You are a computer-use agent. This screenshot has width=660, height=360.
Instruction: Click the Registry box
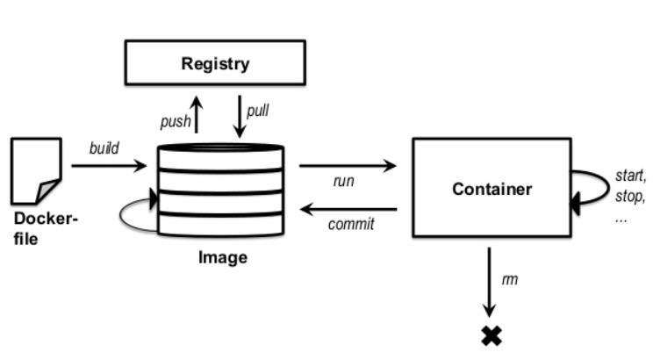215,63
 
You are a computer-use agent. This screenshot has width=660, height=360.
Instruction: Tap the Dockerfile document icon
36,170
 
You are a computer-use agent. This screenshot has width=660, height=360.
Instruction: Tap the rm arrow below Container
490,281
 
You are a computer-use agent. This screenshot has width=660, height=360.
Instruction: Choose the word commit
351,224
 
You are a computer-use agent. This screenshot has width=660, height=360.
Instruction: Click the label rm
508,279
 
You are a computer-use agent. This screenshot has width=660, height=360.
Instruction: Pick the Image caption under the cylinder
222,258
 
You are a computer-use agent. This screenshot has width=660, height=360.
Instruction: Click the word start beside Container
631,176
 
